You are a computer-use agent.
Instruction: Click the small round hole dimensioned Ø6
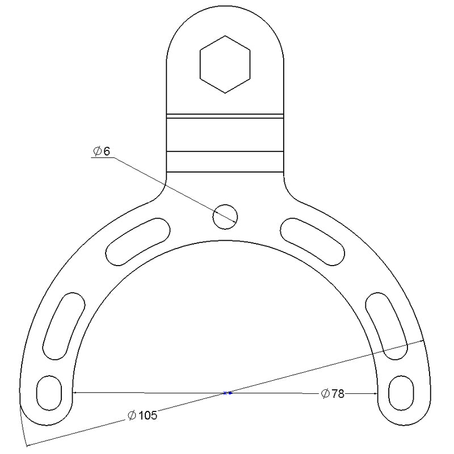tap(225, 216)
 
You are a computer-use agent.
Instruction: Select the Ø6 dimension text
tap(102, 151)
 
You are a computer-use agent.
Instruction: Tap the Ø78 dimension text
tap(333, 394)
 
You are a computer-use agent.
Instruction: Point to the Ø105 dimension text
tap(142, 416)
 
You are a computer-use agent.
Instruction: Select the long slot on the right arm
tap(389, 326)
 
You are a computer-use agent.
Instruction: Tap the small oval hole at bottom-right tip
tap(403, 392)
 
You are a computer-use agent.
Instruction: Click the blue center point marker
tap(227, 393)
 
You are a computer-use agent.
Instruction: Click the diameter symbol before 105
tap(131, 417)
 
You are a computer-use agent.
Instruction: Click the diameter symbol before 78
tap(325, 394)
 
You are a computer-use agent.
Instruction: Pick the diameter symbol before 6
tap(98, 151)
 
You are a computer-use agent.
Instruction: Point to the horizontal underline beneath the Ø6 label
tap(102, 158)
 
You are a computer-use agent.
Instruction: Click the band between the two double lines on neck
tap(225, 134)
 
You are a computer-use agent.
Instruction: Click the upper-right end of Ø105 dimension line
tap(423, 340)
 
